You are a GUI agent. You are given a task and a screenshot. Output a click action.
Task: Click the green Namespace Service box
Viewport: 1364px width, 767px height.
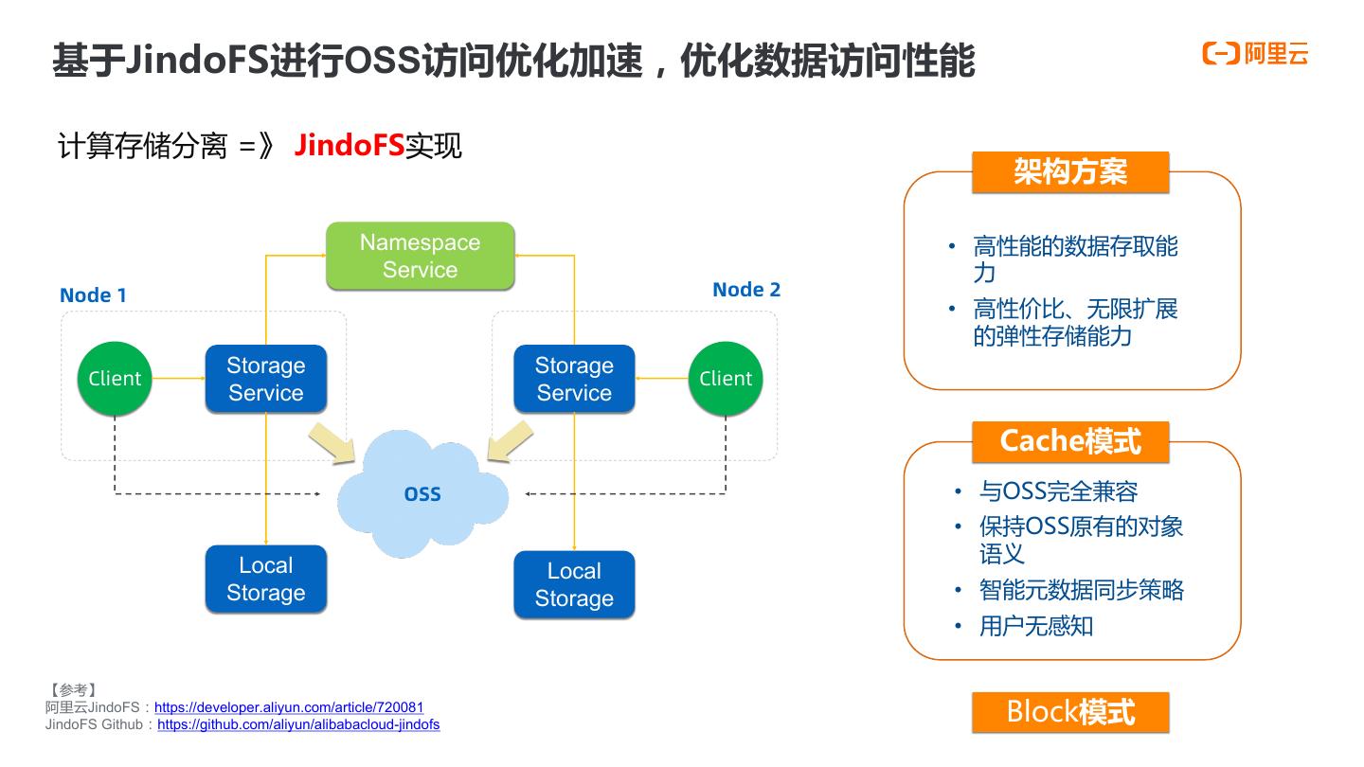click(x=421, y=256)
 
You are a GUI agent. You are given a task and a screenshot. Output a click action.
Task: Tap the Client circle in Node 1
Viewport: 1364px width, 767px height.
click(x=115, y=378)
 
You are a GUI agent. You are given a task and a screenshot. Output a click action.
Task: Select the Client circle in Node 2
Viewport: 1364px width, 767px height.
click(x=726, y=378)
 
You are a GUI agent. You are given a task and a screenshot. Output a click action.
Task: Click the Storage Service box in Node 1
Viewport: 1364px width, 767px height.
click(x=266, y=379)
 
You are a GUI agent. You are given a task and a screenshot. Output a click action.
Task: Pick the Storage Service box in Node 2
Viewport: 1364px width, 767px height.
click(x=574, y=379)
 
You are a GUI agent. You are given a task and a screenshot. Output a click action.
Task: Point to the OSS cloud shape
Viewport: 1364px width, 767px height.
click(x=422, y=493)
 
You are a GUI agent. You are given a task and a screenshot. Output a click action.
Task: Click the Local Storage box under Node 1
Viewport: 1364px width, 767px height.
click(x=266, y=579)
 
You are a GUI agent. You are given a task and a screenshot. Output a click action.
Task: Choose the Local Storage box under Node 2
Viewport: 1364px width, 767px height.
click(x=574, y=584)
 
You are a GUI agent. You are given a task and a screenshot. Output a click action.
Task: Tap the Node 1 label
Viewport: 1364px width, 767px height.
click(x=93, y=295)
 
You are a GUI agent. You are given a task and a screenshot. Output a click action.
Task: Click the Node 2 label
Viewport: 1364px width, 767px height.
click(x=746, y=290)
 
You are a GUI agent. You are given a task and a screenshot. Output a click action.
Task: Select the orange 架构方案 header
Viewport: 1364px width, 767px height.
click(x=1070, y=172)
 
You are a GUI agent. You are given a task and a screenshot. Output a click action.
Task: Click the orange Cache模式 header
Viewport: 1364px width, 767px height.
click(x=1070, y=442)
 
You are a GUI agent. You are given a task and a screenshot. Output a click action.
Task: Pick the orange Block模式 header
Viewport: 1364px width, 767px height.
click(x=1070, y=712)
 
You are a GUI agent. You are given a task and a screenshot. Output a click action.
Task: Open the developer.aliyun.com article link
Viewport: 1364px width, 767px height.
click(x=289, y=707)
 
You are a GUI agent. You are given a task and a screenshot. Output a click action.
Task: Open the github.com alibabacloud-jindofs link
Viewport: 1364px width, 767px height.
click(x=298, y=724)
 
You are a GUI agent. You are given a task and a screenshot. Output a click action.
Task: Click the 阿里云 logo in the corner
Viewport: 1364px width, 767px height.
click(x=1255, y=54)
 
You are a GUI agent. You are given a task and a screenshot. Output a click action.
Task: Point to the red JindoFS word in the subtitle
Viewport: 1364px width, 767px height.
click(x=349, y=146)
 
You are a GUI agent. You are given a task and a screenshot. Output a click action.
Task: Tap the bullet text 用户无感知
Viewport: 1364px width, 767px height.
click(x=1036, y=626)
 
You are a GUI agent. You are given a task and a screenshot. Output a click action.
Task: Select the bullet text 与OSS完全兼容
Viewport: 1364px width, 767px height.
click(x=1058, y=491)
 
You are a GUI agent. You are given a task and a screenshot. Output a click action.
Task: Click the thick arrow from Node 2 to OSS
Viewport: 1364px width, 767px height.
click(x=511, y=441)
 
